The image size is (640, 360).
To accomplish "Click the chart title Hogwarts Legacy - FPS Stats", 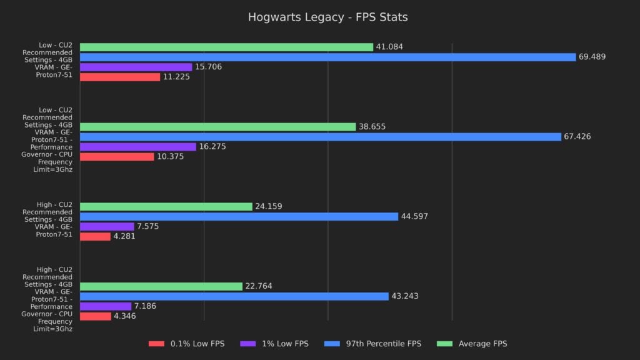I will click(327, 17).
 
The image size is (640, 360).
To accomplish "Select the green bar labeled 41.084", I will click(226, 47).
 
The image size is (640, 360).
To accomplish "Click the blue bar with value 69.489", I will click(327, 57).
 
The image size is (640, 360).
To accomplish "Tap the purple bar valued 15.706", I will click(136, 67).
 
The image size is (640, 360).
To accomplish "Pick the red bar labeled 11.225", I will click(120, 77).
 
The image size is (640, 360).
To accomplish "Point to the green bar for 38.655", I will click(217, 127).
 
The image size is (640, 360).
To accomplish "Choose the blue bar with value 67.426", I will click(320, 137).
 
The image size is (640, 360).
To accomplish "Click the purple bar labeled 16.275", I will click(137, 147).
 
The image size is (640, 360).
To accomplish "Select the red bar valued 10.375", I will click(117, 157).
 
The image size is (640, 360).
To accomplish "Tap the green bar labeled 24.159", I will click(166, 206).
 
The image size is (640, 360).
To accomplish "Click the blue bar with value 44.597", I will click(239, 216).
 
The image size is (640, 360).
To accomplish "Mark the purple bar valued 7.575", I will click(107, 226).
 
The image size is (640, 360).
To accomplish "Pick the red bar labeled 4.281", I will click(95, 236).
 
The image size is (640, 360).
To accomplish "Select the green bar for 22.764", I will click(161, 286).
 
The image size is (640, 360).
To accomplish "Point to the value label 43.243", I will click(406, 296).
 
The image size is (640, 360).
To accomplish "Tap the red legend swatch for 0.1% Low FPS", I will click(156, 344).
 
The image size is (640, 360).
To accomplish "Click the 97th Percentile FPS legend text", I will click(387, 344).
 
